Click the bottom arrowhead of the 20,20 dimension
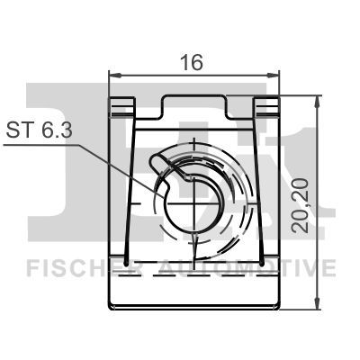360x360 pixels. (x=318, y=306)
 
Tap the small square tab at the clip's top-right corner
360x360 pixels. (x=266, y=107)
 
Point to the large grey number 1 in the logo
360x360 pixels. (x=306, y=162)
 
